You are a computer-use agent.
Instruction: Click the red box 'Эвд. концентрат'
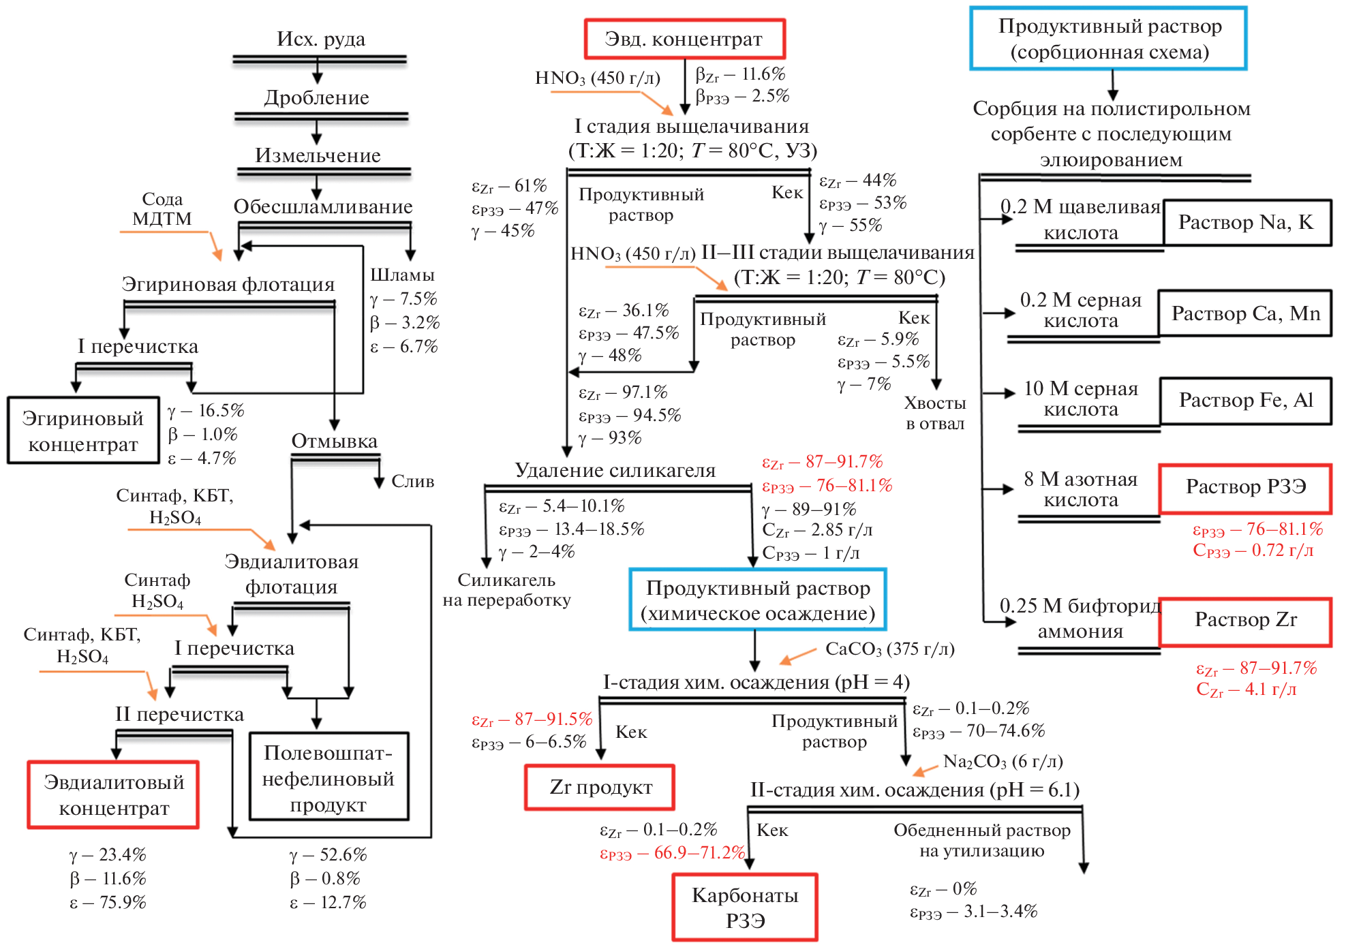click(x=684, y=40)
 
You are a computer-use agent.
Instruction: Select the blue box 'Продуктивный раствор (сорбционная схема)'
click(x=1109, y=39)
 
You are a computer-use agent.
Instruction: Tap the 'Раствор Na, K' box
click(x=1246, y=223)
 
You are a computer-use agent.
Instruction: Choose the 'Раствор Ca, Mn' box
click(x=1245, y=313)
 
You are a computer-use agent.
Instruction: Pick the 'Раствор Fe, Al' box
click(x=1245, y=401)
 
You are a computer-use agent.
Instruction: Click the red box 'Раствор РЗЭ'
click(x=1245, y=488)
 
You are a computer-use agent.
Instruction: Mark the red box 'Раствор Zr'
click(x=1245, y=621)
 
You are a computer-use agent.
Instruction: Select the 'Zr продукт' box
click(x=600, y=788)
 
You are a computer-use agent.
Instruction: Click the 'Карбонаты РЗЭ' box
click(x=745, y=908)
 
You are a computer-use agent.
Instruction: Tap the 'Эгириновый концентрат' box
click(x=83, y=431)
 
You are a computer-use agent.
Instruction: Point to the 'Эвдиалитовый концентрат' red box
click(x=113, y=794)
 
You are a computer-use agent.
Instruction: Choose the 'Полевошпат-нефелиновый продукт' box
click(x=328, y=778)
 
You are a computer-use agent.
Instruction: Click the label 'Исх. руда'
click(x=320, y=39)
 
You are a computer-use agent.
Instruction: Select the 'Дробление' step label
click(x=317, y=97)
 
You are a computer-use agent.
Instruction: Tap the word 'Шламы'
click(x=402, y=275)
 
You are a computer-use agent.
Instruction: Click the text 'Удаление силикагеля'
click(x=615, y=470)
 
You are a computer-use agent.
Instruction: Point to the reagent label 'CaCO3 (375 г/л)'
click(x=889, y=649)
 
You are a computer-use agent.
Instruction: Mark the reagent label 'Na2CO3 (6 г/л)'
click(x=1003, y=761)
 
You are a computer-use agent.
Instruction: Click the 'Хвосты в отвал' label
click(x=935, y=413)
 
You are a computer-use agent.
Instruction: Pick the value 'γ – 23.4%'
click(x=108, y=854)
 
